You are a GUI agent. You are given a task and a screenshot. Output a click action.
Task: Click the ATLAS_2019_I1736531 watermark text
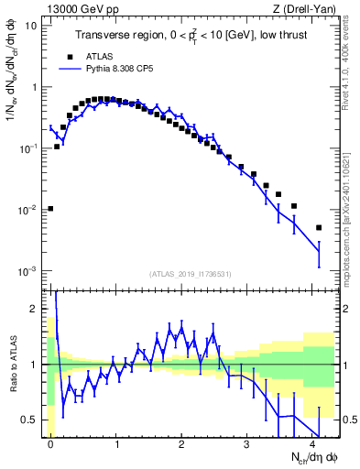tap(191, 274)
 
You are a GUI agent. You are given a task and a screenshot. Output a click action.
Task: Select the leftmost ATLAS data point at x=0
tap(50, 209)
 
